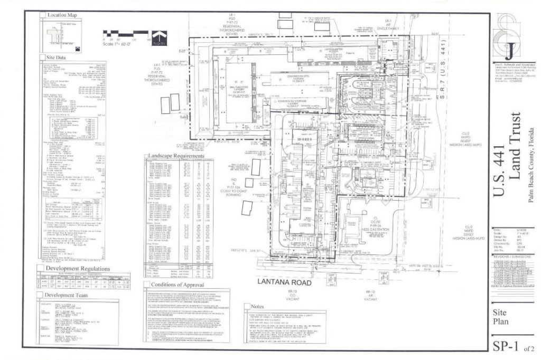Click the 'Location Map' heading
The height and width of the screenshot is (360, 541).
coord(62,15)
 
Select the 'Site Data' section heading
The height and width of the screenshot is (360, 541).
coord(57,57)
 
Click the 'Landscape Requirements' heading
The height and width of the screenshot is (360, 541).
coord(176,156)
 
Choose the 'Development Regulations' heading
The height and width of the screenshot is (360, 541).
coord(77,269)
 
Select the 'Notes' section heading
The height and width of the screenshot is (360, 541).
coord(258,306)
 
